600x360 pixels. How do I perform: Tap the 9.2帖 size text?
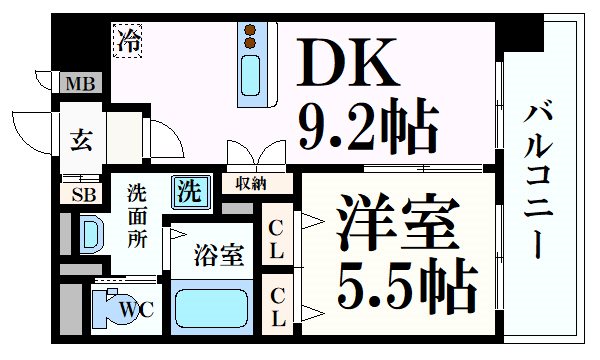click(367, 127)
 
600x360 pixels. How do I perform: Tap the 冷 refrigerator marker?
click(128, 41)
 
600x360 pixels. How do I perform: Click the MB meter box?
click(80, 84)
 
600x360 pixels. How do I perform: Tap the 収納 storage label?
click(251, 183)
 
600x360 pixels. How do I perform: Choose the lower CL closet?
click(277, 305)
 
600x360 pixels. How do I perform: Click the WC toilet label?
click(138, 309)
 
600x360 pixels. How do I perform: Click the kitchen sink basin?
click(250, 77)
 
